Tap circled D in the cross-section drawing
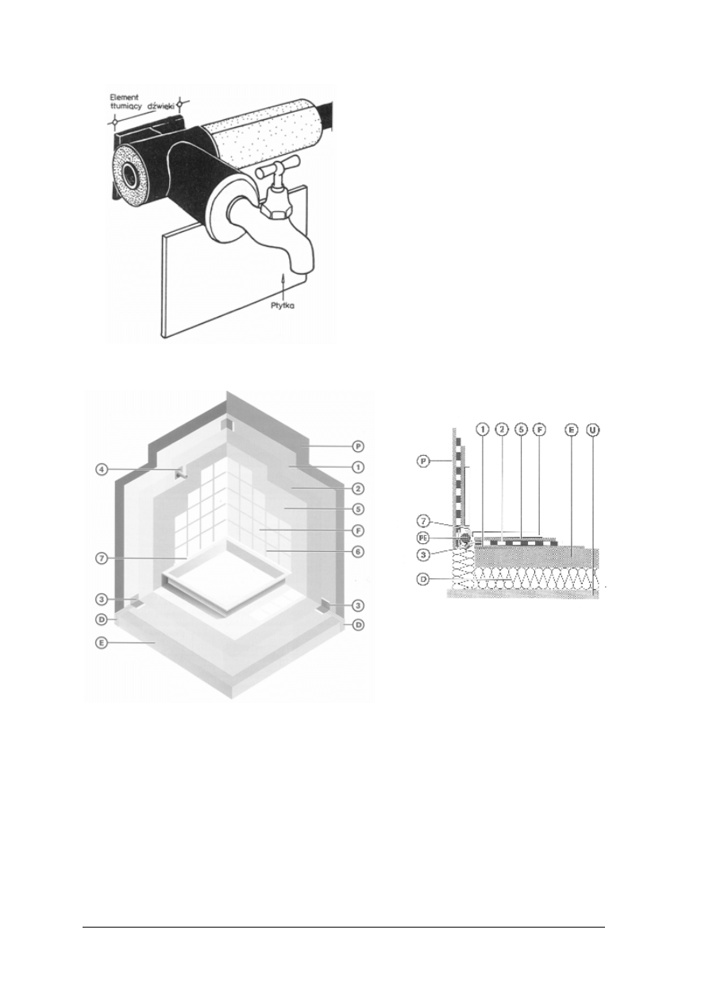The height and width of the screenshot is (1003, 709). point(426,579)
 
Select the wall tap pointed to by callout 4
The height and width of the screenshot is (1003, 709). point(181,473)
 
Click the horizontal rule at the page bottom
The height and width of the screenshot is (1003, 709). point(343,926)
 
